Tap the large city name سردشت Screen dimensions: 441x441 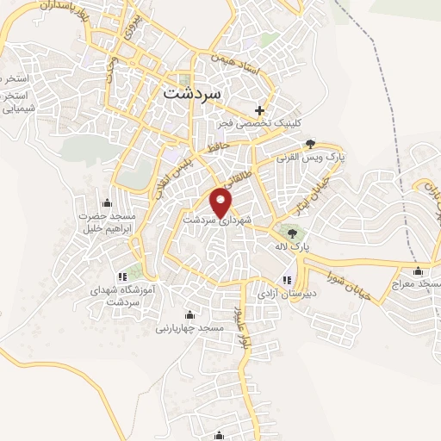[x=191, y=91]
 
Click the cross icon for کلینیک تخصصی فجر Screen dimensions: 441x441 [x=259, y=110]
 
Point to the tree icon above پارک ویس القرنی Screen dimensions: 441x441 [x=310, y=145]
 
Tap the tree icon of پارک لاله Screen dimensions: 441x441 [x=292, y=232]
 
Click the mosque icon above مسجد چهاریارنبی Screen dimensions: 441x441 [x=189, y=314]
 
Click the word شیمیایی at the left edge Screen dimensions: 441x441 [x=17, y=109]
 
